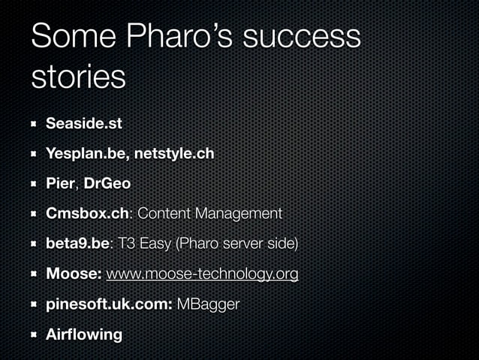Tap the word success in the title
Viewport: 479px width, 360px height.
(309, 38)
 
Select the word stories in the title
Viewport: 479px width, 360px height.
(79, 77)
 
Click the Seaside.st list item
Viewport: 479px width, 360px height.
(83, 123)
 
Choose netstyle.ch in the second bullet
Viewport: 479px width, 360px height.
(176, 153)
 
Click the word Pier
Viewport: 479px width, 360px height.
(61, 183)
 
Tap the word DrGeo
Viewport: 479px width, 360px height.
(107, 183)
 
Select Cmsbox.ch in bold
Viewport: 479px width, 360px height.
(87, 213)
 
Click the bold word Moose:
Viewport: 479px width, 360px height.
(74, 274)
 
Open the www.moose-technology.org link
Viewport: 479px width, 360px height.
(202, 274)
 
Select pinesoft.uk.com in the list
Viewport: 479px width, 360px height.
(107, 304)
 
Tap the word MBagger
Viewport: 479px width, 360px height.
(209, 304)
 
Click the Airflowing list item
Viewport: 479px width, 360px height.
(83, 334)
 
